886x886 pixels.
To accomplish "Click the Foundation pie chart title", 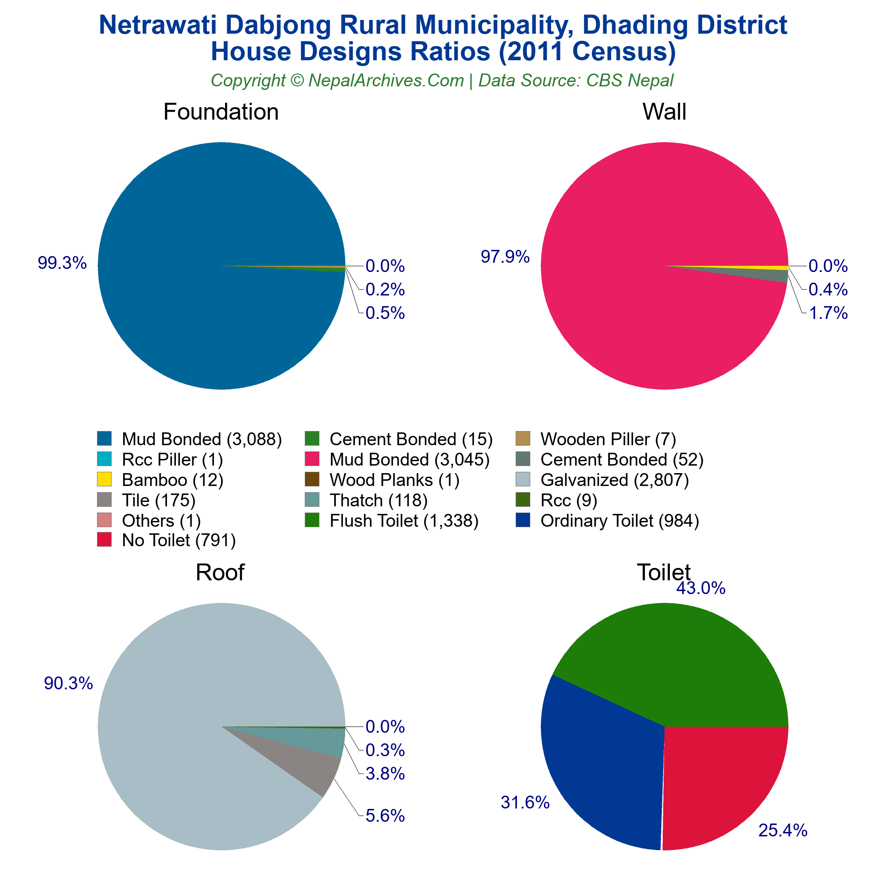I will click(221, 112).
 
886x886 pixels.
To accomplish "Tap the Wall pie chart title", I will click(664, 112).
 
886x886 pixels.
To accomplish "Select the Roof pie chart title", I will click(220, 572).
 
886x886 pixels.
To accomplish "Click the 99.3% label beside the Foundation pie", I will click(62, 263).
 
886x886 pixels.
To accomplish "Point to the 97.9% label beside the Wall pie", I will click(505, 257).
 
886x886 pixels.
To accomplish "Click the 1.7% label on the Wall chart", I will click(828, 313).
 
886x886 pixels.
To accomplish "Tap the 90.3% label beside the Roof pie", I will click(68, 683).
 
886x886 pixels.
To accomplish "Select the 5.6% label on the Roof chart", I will click(385, 816).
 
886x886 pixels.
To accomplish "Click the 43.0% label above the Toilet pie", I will click(701, 588).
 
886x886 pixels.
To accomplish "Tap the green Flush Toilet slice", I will click(679, 665).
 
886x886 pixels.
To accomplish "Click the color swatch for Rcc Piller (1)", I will click(105, 459).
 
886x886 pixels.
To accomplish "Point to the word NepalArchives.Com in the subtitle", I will click(386, 81).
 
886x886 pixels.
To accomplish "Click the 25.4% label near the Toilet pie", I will click(783, 831).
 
